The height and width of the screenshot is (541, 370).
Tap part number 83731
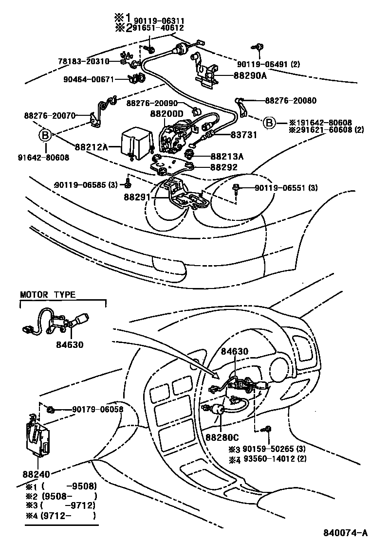(243, 135)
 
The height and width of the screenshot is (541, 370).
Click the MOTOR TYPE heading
(48, 295)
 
